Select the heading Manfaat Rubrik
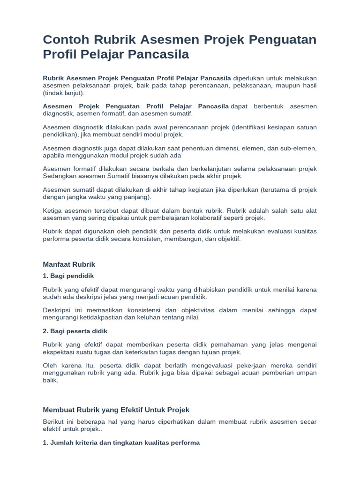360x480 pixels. tap(69, 264)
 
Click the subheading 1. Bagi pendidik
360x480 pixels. tap(68, 276)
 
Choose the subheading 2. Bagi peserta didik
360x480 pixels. tap(75, 331)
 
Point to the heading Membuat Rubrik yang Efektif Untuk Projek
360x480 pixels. tap(116, 410)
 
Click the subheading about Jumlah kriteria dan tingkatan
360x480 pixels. tap(121, 442)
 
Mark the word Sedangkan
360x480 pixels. tap(59, 176)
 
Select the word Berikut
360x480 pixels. tap(53, 422)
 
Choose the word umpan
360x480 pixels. tap(305, 373)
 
